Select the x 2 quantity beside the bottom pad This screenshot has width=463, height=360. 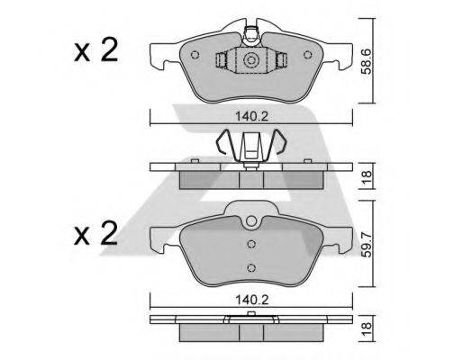coord(96,236)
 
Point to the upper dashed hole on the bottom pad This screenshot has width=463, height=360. coord(251,244)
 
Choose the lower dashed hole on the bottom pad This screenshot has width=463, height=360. coord(251,265)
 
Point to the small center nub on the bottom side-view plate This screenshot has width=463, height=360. coord(251,316)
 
